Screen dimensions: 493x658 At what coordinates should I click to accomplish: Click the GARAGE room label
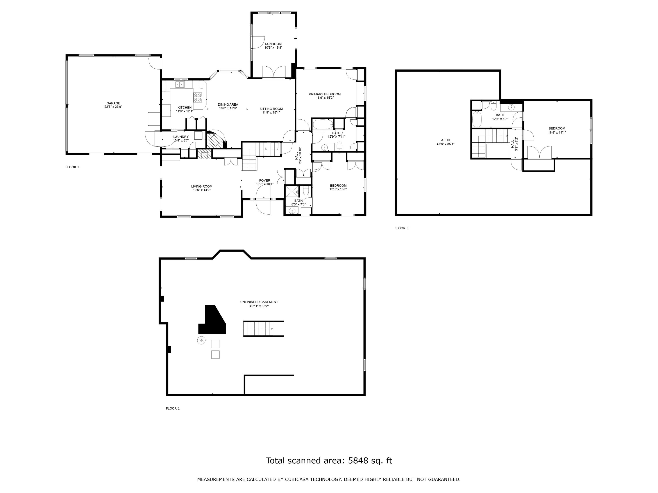point(113,103)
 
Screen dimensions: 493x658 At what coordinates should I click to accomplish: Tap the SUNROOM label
point(273,44)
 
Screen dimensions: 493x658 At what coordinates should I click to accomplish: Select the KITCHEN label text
point(184,108)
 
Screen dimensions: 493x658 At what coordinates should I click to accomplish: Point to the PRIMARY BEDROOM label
point(325,94)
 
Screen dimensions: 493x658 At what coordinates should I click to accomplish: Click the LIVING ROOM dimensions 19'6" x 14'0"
point(202,190)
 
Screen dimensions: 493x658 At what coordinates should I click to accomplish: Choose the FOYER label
point(265,180)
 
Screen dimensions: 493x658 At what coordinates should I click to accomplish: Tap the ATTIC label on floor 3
point(445,140)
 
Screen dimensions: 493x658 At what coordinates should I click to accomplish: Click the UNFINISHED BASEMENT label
point(259,302)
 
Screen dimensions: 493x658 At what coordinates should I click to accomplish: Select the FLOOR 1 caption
point(173,408)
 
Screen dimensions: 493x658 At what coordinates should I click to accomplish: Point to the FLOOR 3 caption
point(401,228)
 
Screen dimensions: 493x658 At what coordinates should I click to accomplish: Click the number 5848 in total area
point(358,461)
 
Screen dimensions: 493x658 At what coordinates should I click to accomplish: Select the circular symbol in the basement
point(201,340)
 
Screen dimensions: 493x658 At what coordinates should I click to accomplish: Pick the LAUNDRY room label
point(181,137)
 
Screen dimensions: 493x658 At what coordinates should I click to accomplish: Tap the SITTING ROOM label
point(271,109)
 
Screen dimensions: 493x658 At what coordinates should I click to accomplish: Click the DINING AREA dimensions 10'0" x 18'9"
point(228,108)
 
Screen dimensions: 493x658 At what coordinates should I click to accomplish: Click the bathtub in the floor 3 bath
point(477,119)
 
